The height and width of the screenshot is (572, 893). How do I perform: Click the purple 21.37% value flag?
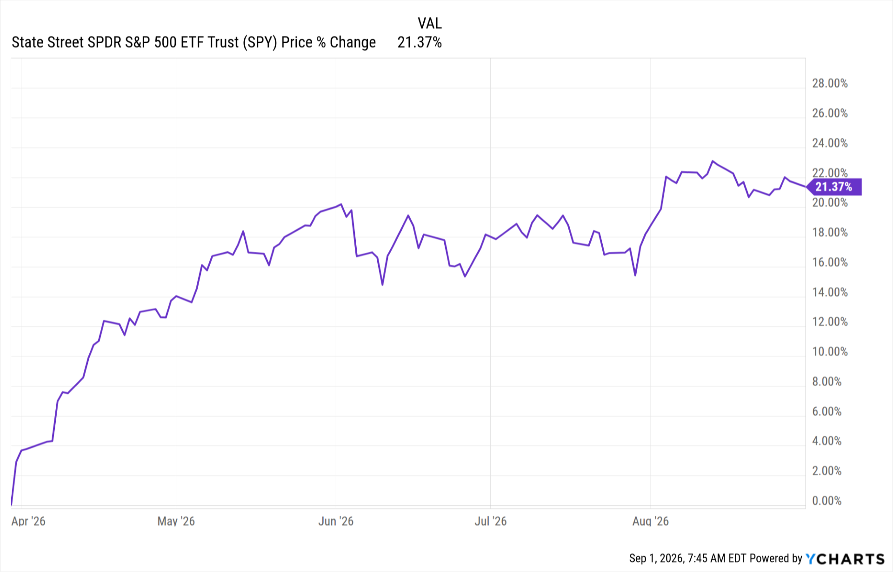834,187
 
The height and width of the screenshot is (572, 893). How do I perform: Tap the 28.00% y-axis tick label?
830,83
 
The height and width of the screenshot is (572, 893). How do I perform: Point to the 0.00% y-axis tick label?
826,501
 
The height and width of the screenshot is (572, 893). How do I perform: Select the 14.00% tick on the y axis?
830,292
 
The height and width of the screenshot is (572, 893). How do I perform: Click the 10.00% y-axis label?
830,352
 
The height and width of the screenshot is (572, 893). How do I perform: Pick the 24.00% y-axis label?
830,143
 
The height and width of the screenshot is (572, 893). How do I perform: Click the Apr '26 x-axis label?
28,521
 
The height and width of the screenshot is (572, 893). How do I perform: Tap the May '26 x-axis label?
176,521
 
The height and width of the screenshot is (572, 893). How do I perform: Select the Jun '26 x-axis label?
336,521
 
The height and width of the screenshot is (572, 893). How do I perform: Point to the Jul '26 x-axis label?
490,521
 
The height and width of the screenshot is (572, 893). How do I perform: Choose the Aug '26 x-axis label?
650,521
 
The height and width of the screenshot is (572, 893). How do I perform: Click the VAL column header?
429,23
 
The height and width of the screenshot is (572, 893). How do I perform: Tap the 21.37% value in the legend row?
420,42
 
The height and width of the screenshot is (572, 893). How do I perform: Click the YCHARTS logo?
845,559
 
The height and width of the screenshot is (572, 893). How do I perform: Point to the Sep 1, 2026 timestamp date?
656,559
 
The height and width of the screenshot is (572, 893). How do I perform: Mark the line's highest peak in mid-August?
713,161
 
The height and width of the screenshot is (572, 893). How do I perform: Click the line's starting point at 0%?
11,505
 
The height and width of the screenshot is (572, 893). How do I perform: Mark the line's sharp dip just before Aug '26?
635,275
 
